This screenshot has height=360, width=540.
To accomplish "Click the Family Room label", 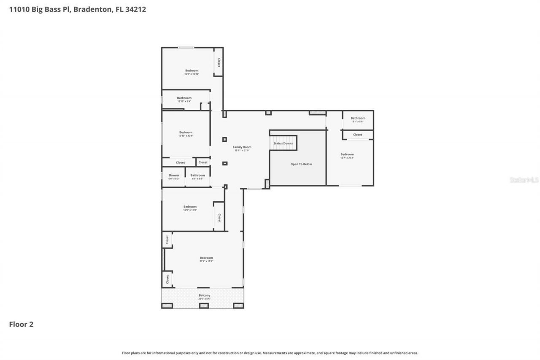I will tap(242, 147).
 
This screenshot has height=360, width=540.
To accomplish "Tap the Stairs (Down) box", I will tap(283, 143).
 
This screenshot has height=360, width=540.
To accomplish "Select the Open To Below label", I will tap(301, 164).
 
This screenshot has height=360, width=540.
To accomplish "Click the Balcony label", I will tap(204, 295).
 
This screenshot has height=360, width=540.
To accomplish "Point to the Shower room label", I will tap(174, 175).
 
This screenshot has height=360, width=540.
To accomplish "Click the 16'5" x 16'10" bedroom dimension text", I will tap(192, 74).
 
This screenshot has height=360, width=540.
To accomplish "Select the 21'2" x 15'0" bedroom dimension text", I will tap(206, 261).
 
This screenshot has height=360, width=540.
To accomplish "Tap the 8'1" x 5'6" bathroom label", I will tap(358, 118).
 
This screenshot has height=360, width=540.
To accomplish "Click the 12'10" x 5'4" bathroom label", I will tap(184, 98).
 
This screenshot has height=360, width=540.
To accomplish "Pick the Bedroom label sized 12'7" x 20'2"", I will tap(347, 154).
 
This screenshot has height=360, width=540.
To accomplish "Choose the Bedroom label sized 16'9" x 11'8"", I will tap(190, 206).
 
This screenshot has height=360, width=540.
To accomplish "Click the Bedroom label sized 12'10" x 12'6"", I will tap(186, 132).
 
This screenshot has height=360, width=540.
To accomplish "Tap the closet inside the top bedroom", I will tap(219, 62).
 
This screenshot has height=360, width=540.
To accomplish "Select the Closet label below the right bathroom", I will tap(357, 135).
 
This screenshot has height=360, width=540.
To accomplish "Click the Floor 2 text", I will tap(21, 324).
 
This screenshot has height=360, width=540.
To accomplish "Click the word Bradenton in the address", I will tap(92, 9).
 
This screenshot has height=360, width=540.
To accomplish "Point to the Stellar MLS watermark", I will tap(524, 180).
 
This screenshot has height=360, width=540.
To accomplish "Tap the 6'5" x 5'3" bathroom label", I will tap(197, 175).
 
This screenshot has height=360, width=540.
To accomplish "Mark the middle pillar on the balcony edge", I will tap(204, 305).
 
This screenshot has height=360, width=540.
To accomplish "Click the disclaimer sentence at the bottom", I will tap(270, 353).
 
